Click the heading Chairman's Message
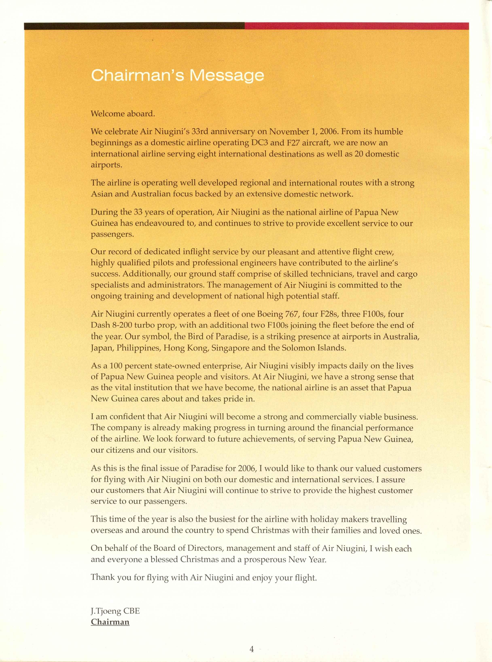[177, 75]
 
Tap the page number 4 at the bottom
[252, 649]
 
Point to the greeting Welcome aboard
[123, 114]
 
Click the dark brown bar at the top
[134, 26]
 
